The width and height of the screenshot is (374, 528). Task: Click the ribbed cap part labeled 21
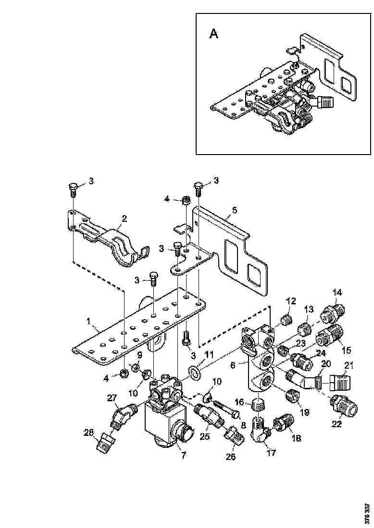pos(341,383)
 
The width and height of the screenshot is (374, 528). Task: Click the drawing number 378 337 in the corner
pos(368,513)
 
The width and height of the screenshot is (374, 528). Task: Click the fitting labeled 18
pos(281,424)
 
